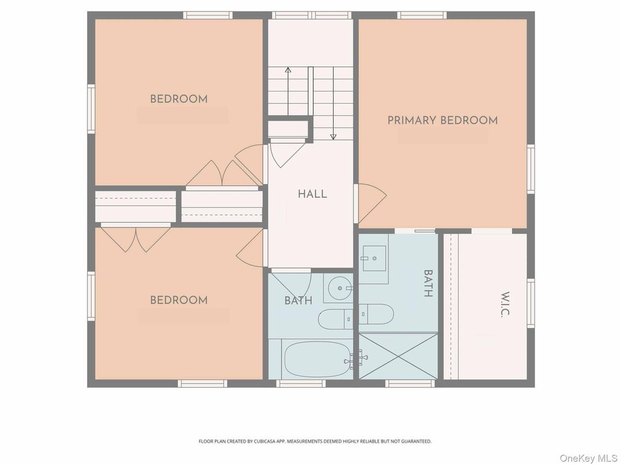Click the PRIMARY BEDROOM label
[443, 120]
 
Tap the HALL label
[312, 194]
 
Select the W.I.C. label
[505, 304]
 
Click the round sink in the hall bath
[340, 288]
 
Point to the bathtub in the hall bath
[317, 359]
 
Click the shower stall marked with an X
[399, 356]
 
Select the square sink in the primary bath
[374, 258]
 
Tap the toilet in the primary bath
[376, 314]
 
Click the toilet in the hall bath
[336, 319]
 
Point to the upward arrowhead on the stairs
[288, 70]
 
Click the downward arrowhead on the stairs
[333, 137]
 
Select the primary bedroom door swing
[372, 203]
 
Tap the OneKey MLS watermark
[589, 458]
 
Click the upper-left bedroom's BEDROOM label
[178, 99]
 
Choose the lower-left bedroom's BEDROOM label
[178, 300]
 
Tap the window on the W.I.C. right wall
[531, 303]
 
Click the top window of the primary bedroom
[422, 16]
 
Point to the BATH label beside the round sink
[298, 301]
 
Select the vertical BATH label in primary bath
[428, 283]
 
